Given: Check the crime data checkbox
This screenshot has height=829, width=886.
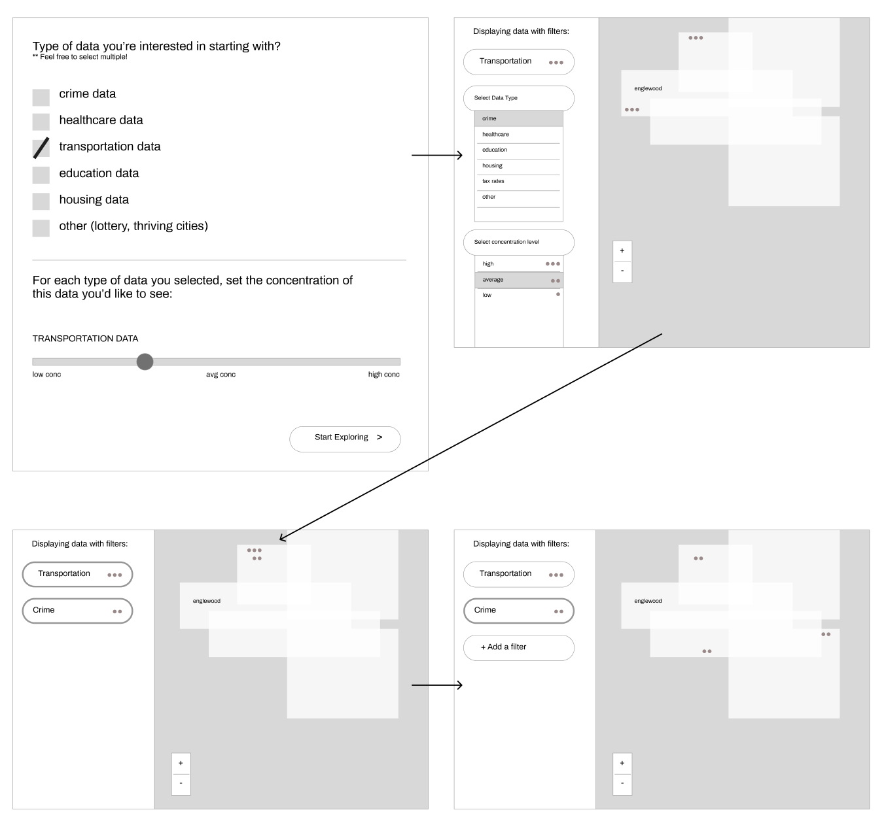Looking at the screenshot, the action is click(x=41, y=97).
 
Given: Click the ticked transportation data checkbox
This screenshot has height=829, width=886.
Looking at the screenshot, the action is click(x=41, y=148).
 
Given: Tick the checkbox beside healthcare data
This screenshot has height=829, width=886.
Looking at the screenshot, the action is click(x=41, y=122).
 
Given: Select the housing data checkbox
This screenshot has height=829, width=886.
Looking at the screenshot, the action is click(x=41, y=201).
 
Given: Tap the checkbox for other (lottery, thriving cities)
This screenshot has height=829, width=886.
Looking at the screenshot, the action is click(x=41, y=228).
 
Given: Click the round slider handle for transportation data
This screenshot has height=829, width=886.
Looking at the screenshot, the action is click(x=145, y=362).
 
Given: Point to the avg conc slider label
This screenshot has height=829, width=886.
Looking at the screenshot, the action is click(x=221, y=375).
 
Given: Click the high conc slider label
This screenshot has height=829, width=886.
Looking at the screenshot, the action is click(x=383, y=375).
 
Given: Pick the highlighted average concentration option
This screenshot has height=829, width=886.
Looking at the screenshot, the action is click(x=519, y=280).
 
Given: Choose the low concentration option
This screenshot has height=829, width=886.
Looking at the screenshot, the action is click(x=519, y=296).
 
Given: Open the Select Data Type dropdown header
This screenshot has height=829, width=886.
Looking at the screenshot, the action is click(x=519, y=98).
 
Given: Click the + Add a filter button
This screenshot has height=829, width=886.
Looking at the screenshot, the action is click(x=519, y=647).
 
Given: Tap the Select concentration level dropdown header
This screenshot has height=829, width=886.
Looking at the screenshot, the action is click(x=519, y=243).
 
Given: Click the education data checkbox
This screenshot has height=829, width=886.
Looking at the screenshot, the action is click(x=41, y=175).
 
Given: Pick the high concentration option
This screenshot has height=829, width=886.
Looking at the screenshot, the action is click(x=519, y=264).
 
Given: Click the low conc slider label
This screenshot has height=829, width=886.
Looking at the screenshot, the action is click(x=47, y=375).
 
